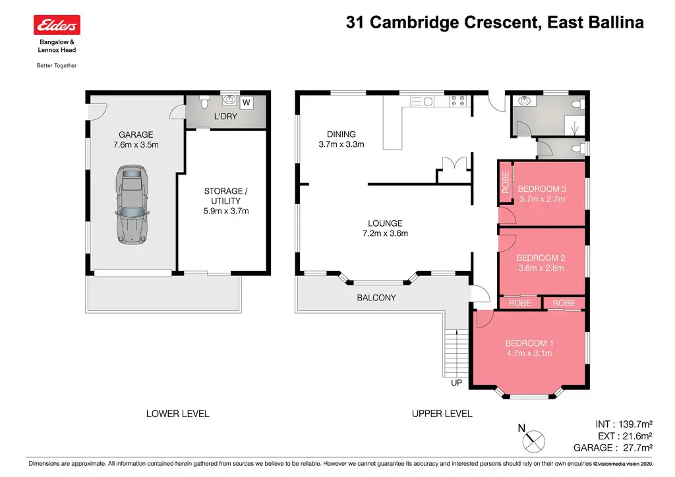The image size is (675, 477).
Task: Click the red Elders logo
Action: click(57, 25)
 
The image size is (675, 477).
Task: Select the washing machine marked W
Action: click(246, 102)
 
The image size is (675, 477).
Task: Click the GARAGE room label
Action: click(136, 134)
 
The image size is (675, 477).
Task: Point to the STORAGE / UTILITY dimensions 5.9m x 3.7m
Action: click(226, 211)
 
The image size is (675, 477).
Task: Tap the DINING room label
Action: click(341, 134)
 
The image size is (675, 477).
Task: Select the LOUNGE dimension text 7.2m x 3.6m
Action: click(386, 233)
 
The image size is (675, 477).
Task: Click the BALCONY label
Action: click(376, 298)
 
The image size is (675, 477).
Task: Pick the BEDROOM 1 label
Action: click(529, 343)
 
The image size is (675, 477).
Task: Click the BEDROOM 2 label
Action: click(541, 258)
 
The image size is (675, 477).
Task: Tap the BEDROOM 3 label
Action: click(543, 188)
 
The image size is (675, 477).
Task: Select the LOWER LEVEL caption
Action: click(177, 414)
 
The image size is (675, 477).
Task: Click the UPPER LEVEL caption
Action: click(442, 414)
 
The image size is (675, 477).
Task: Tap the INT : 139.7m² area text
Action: click(623, 424)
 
